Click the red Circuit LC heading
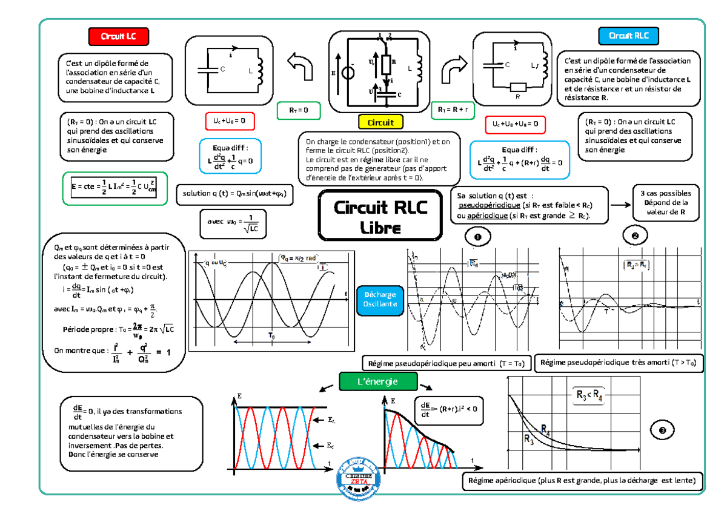pos(118,36)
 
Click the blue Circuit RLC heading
pos(629,36)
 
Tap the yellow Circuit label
pos(380,122)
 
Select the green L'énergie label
pos(377,381)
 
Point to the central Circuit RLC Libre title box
pos(380,217)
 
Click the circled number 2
pos(634,236)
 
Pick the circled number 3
pos(662,430)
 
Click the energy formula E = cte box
pos(115,188)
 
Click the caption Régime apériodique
pos(582,481)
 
